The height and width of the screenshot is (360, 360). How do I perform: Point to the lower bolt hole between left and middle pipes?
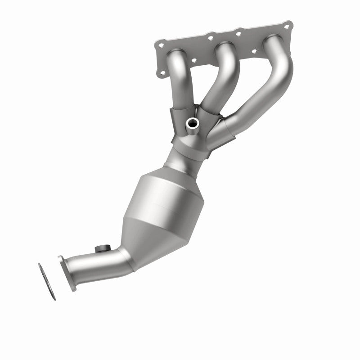tap(193, 60)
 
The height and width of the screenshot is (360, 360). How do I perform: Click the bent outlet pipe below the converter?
tap(108, 261)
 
